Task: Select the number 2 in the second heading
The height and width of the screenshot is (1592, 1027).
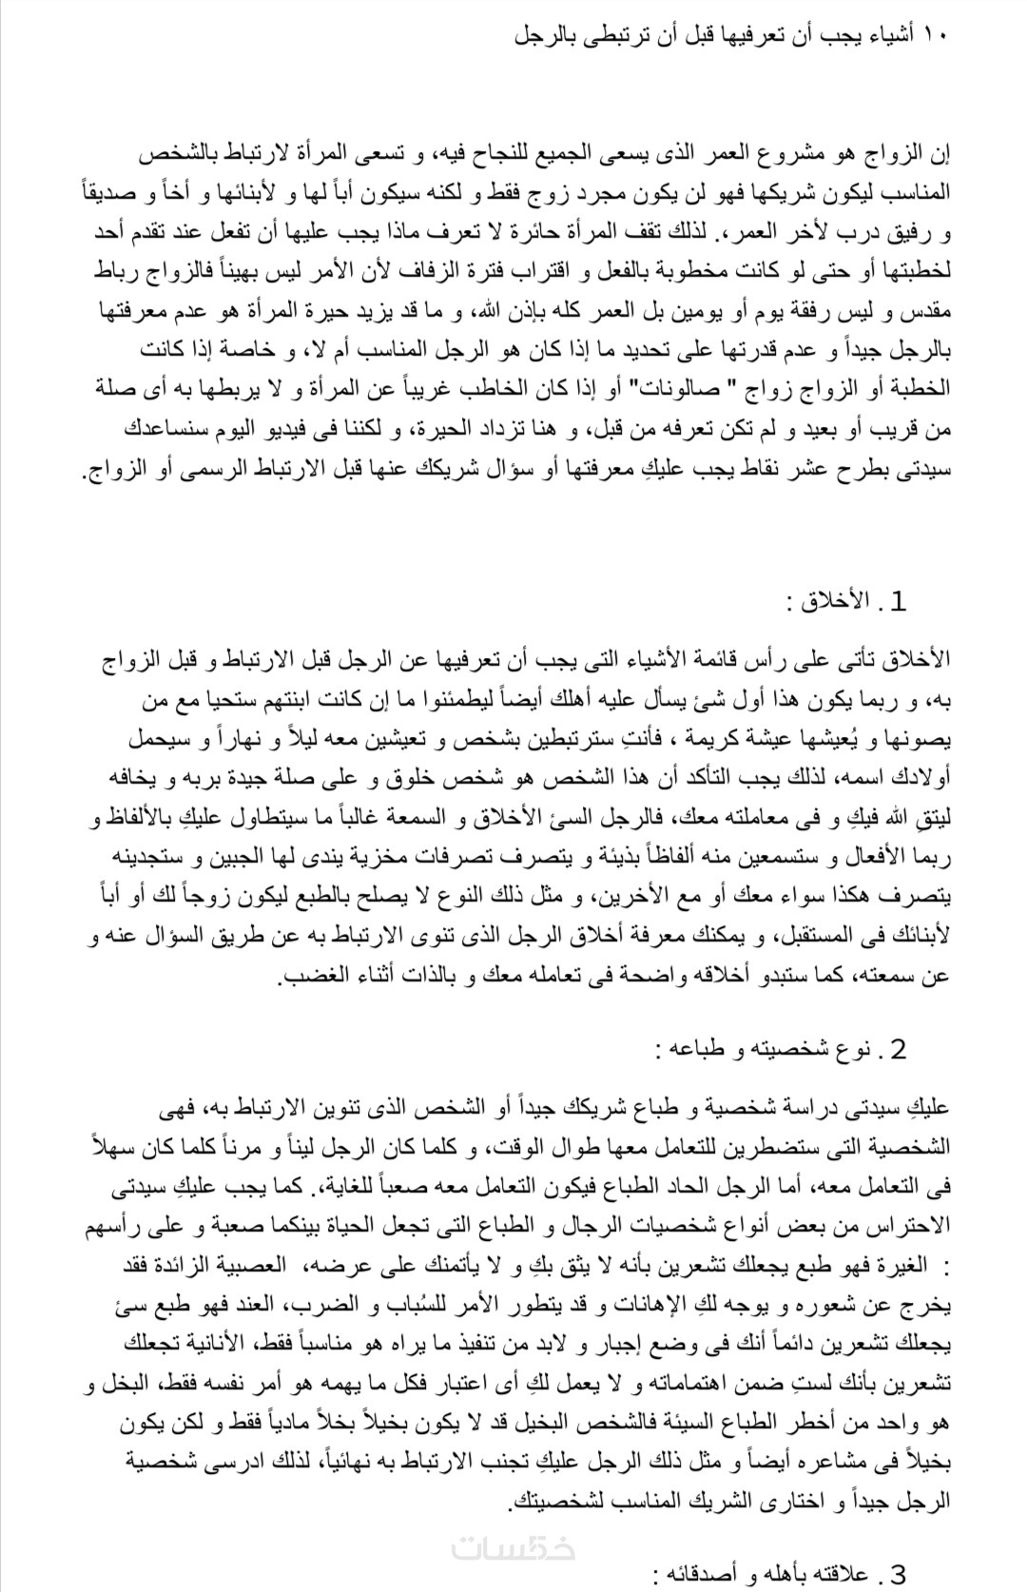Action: (x=897, y=1049)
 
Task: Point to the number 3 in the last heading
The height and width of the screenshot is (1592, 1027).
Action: (x=897, y=1575)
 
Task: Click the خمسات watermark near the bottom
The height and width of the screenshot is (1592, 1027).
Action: (x=513, y=1548)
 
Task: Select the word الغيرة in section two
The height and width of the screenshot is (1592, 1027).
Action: (x=907, y=1267)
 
